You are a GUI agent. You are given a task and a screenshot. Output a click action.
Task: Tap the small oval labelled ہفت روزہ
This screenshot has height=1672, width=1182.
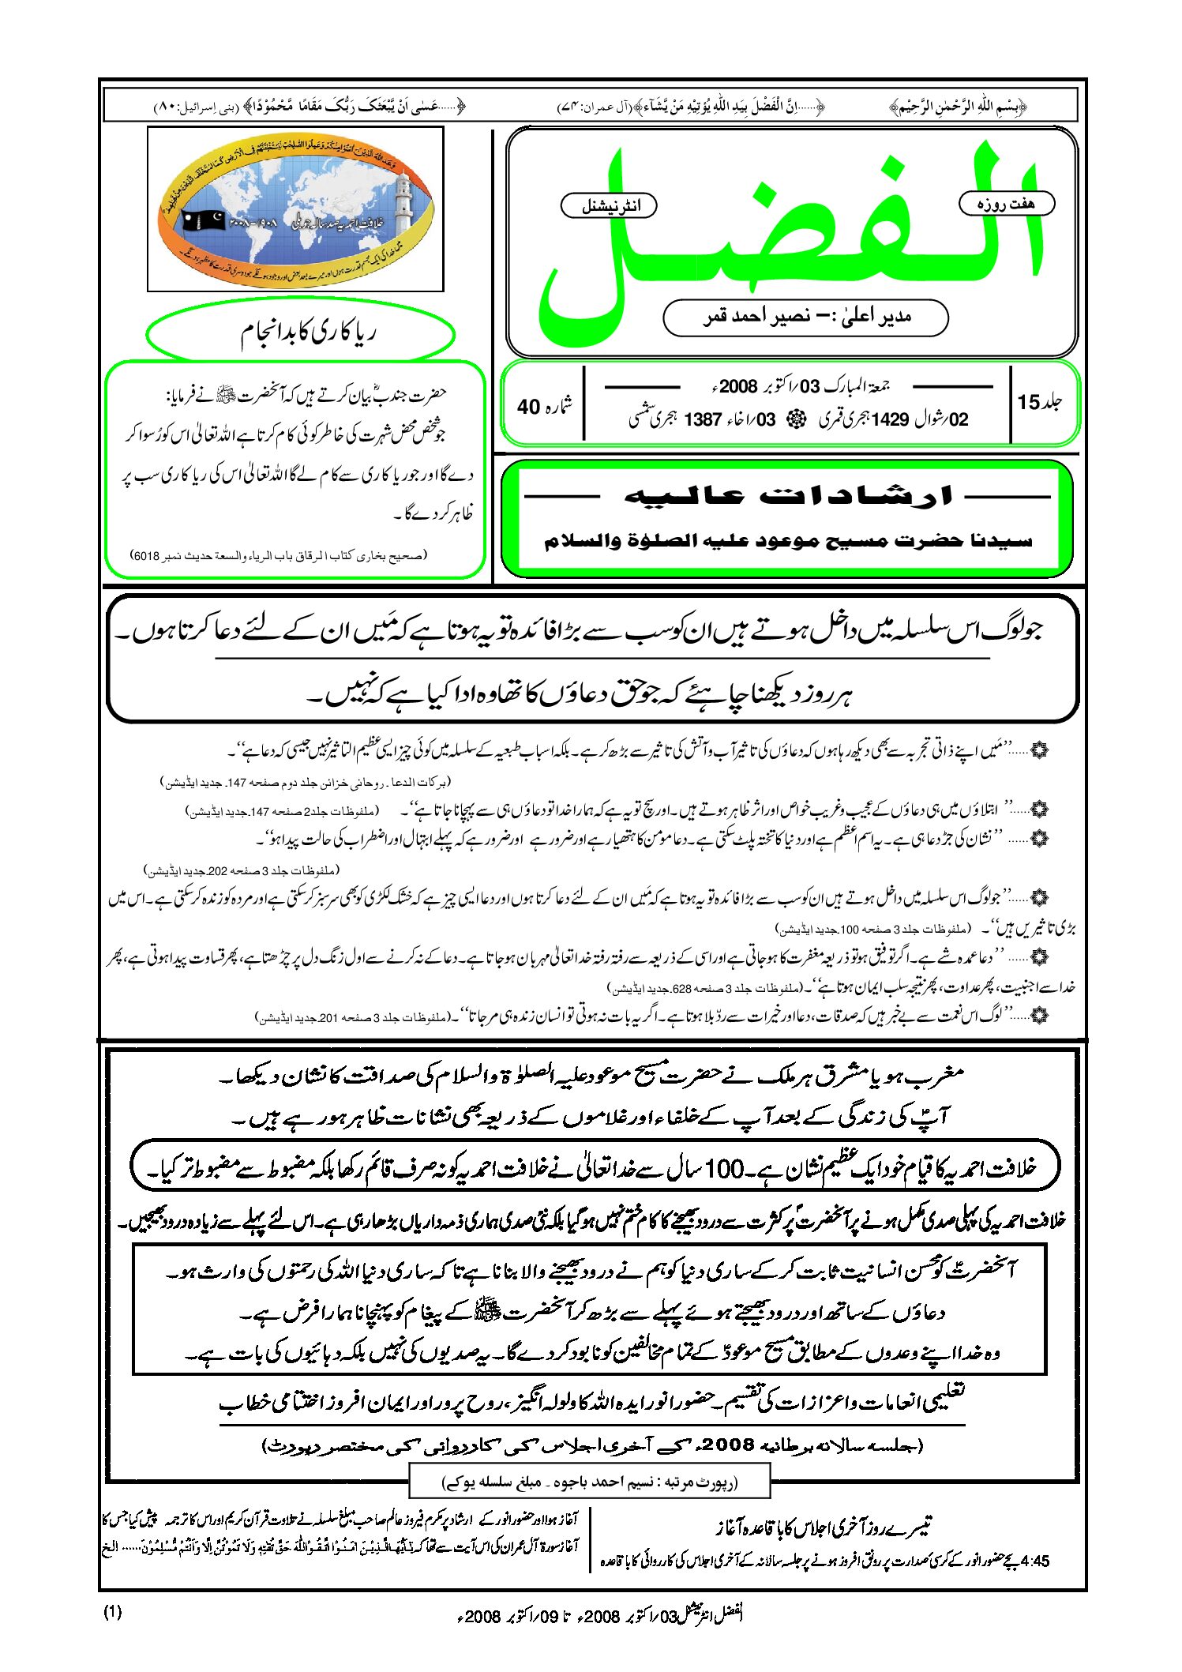1006,204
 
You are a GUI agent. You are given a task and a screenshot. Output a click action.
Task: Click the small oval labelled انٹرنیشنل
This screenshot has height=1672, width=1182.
609,206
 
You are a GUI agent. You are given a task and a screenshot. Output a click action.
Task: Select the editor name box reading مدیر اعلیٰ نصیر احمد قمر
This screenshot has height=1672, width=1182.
805,317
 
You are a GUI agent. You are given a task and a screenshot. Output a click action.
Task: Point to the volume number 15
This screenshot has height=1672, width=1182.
1029,403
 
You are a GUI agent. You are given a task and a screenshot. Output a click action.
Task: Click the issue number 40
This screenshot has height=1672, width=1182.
528,407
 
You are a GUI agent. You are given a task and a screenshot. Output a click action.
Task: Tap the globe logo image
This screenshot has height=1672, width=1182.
295,209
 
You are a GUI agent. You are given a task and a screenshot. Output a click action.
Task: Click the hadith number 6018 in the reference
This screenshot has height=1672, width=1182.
147,556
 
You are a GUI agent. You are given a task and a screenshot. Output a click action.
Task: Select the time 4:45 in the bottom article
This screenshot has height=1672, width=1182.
1034,1561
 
